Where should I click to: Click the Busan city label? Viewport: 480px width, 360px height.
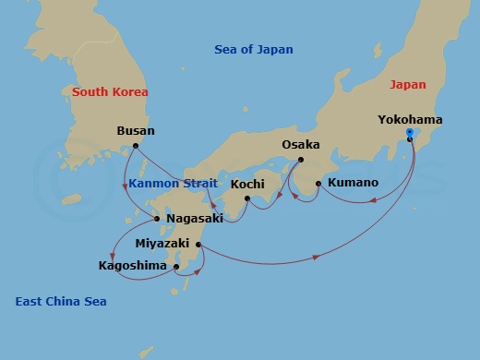coord(136,131)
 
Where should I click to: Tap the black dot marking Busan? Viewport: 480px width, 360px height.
coord(136,146)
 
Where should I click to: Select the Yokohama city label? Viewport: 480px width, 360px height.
coord(410,120)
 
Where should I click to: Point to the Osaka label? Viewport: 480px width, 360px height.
coord(301,145)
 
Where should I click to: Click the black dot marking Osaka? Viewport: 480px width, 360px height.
coord(301,159)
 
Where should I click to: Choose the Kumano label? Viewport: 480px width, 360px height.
coord(353,183)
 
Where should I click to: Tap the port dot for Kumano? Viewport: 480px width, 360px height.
coord(318,184)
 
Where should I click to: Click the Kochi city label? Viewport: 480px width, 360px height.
coord(247,184)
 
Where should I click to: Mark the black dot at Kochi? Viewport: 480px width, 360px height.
coord(247,198)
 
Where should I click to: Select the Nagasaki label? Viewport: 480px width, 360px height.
coord(194,219)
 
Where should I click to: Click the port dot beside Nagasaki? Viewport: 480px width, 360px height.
coord(158,219)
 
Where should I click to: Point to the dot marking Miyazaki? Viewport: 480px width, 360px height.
coord(199,245)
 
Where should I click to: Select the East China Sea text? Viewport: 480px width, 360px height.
coord(61,302)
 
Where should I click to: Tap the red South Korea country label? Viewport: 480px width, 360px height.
coord(110,92)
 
